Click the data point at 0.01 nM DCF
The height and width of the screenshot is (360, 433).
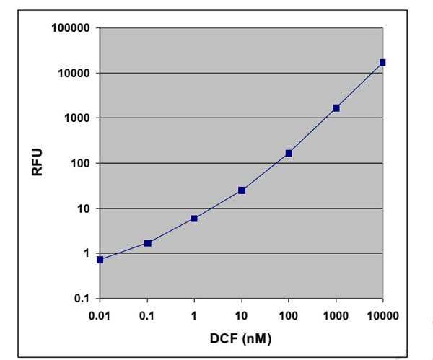coord(100,260)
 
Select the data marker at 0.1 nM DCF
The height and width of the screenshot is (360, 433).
coord(148,243)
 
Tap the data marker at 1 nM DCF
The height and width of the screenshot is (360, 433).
coord(195,218)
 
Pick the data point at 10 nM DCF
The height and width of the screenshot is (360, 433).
coord(242,190)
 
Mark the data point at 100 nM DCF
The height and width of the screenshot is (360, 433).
coord(289,153)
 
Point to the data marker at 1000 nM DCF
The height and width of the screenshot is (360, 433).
coord(336,108)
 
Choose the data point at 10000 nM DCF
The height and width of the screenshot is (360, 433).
coord(382,63)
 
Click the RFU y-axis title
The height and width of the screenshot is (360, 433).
coord(36,163)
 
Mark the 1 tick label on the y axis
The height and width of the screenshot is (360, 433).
coord(85,254)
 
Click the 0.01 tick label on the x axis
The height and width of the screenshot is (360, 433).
coord(100,315)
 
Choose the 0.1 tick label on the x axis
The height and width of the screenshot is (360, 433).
coord(148,315)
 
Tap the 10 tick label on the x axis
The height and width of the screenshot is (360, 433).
coord(242,315)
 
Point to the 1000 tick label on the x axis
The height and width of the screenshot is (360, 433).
coord(336,315)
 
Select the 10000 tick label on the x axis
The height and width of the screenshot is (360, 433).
coord(382,315)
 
